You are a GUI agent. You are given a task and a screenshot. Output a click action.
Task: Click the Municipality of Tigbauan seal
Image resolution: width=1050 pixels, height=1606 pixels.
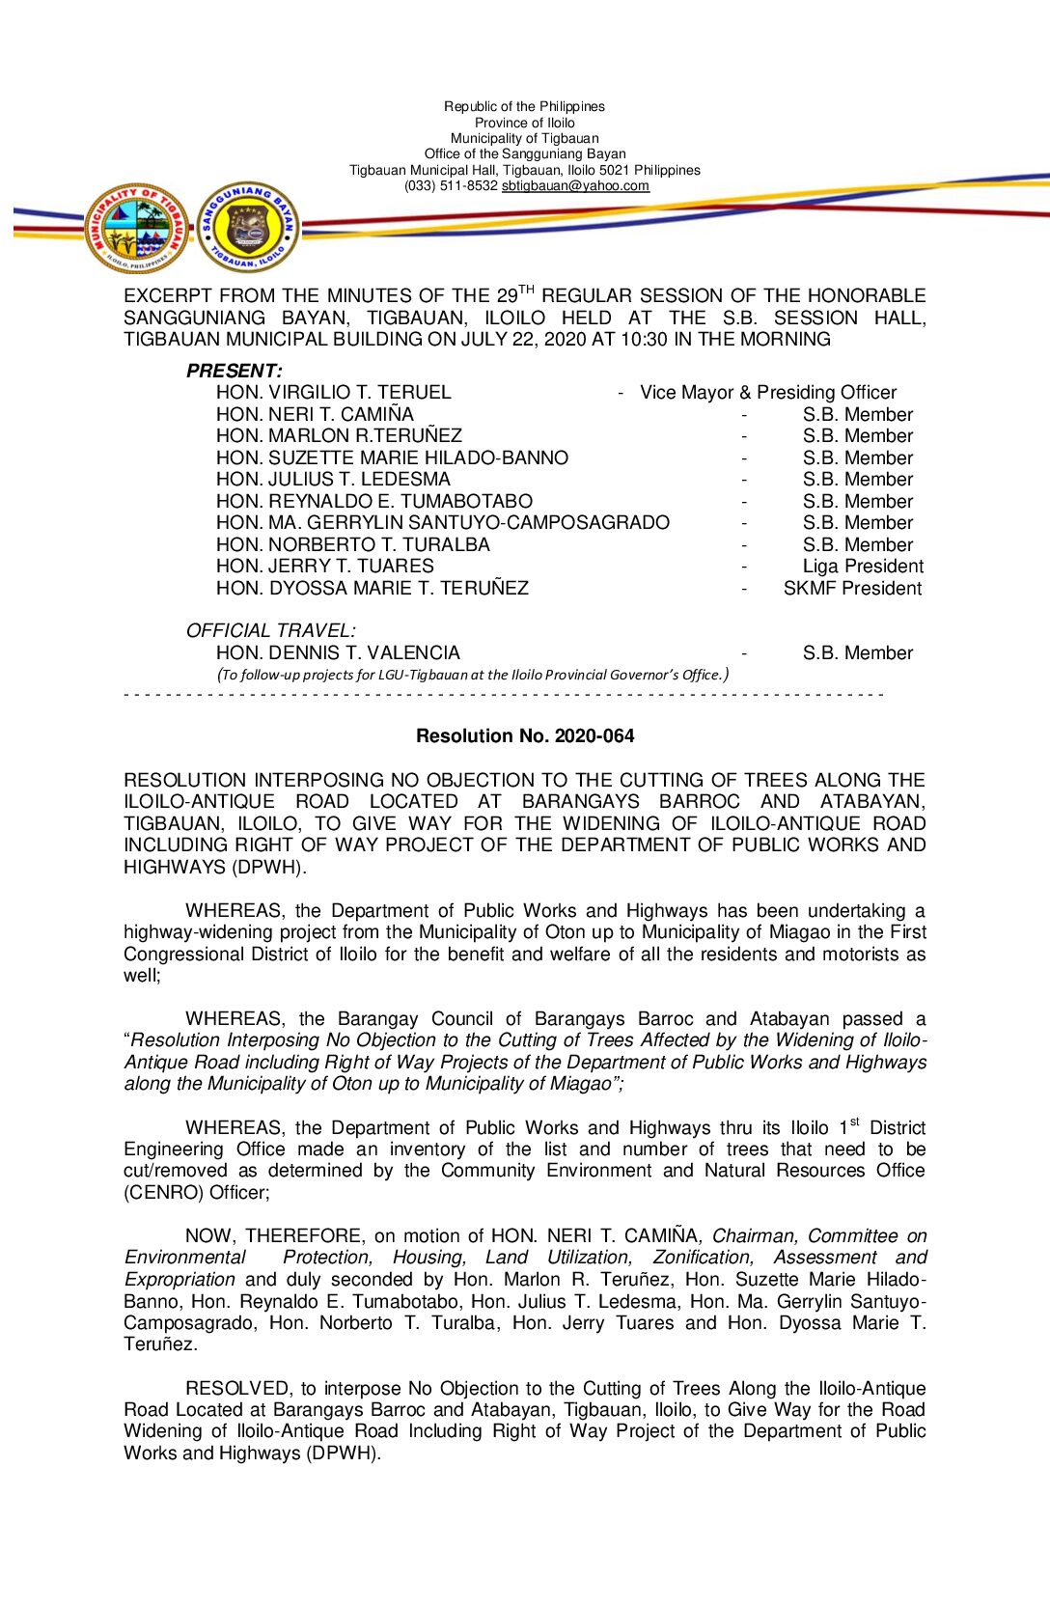point(136,229)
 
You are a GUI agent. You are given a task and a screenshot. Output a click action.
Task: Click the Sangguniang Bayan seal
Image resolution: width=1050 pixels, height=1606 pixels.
point(248,229)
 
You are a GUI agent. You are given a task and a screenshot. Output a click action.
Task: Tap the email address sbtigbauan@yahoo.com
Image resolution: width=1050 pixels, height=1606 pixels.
point(575,186)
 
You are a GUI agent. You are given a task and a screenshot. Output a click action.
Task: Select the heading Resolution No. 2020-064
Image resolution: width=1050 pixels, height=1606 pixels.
point(525,736)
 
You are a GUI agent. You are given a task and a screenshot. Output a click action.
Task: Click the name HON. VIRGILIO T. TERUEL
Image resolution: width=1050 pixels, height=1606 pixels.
point(334,393)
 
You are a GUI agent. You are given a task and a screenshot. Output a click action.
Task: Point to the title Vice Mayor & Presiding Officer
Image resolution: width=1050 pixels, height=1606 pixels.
point(768,393)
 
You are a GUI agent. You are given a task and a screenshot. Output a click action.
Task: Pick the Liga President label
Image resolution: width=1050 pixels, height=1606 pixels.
point(863,567)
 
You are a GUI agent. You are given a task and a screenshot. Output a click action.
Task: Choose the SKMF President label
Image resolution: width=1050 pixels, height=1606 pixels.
point(852,589)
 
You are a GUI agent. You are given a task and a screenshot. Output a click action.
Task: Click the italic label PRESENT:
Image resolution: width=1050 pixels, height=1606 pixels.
point(235,372)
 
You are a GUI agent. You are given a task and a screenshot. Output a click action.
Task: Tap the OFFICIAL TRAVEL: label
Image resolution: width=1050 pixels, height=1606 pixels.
point(270,631)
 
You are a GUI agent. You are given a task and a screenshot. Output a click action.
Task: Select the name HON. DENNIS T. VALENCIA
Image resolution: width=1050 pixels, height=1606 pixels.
point(338,653)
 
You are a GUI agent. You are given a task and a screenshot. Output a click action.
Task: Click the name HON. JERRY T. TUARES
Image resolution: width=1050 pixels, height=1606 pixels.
point(325,567)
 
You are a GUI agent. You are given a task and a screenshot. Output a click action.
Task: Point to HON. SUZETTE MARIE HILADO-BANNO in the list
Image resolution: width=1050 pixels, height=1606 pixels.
point(392,458)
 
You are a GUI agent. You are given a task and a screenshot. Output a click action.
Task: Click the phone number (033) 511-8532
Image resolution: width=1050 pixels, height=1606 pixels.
point(451,186)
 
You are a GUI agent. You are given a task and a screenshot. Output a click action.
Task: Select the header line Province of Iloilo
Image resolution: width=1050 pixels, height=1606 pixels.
point(524,123)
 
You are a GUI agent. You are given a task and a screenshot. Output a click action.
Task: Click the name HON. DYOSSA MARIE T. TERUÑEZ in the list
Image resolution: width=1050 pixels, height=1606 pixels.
point(373,589)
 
